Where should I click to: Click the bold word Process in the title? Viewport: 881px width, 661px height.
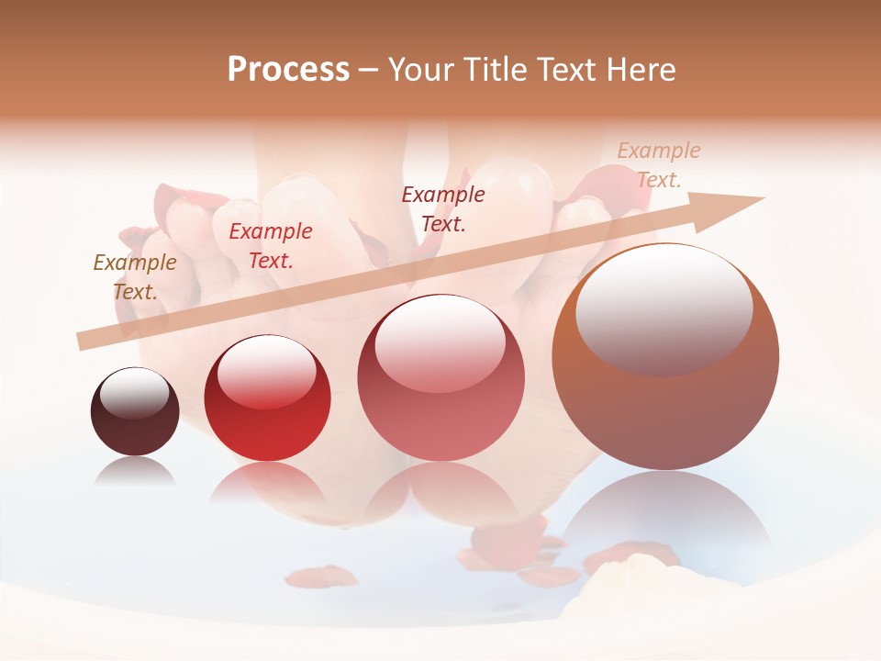[x=288, y=70]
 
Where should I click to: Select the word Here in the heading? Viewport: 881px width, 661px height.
[x=642, y=70]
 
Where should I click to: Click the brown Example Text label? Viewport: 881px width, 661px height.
[x=135, y=276]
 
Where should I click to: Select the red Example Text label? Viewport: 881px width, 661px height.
[x=271, y=245]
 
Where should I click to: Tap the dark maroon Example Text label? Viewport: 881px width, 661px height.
[x=443, y=208]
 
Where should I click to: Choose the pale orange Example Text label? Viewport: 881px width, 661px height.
[x=658, y=165]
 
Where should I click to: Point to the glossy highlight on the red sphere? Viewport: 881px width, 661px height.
[x=267, y=370]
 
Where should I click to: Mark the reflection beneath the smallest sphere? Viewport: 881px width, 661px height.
[x=135, y=472]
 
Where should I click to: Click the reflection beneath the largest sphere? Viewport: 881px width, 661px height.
[x=665, y=514]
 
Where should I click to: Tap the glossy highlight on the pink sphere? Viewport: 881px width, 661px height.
[x=440, y=344]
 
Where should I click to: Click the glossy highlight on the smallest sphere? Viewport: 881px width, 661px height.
[x=134, y=393]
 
